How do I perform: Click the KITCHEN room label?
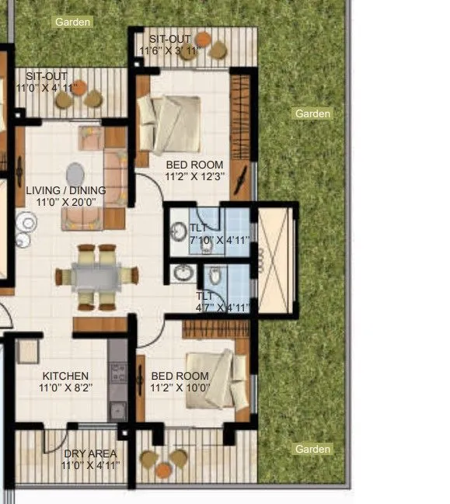(65, 376)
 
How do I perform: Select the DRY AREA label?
(90, 454)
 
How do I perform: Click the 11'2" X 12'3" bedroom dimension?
(194, 176)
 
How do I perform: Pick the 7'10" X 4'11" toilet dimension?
(220, 240)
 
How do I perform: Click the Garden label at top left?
(73, 23)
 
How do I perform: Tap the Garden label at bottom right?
(312, 449)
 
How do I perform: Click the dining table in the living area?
(96, 276)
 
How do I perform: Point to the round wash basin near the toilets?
(183, 273)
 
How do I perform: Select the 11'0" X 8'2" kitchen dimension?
(65, 388)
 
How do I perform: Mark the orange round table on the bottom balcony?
(163, 470)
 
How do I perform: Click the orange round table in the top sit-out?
(202, 39)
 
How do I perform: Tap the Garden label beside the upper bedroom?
(312, 114)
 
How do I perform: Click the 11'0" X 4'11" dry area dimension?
(90, 465)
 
